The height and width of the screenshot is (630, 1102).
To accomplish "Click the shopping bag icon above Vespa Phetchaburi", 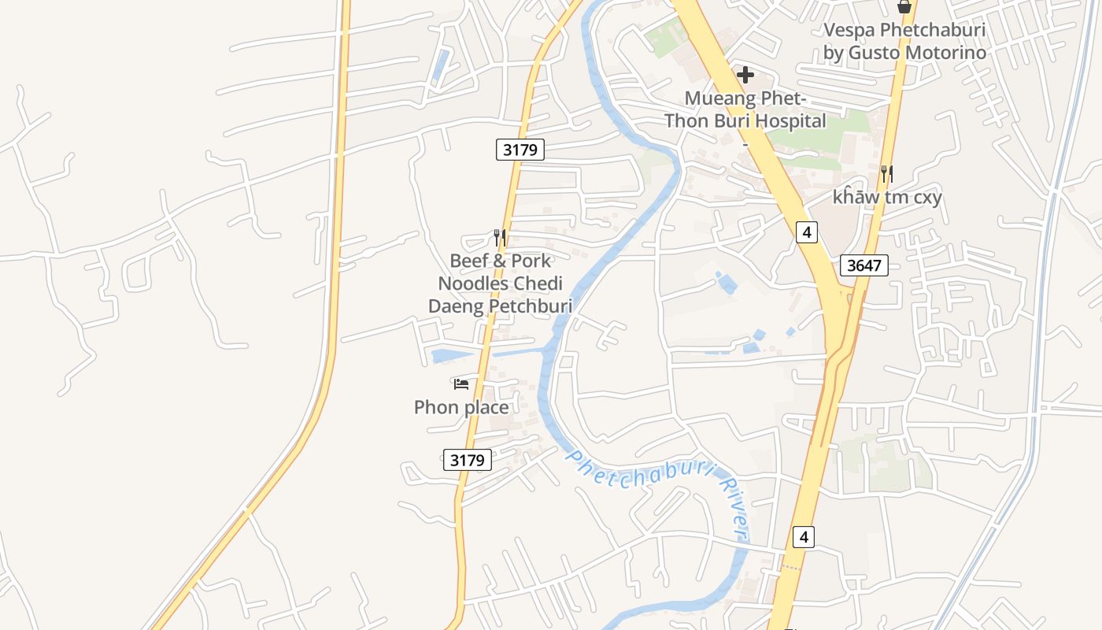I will (x=904, y=7).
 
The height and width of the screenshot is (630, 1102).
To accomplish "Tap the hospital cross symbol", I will (x=745, y=76).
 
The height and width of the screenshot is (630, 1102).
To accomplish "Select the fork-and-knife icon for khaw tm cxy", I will (x=886, y=173).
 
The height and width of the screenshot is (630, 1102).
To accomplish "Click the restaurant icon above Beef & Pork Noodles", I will (x=498, y=236).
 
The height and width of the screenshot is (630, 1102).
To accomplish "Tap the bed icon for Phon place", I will (x=461, y=384).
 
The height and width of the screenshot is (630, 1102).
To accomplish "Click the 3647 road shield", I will (x=863, y=265).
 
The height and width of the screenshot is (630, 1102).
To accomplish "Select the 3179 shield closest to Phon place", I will (x=468, y=460).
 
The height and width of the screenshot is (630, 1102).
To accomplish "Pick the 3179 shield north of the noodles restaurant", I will (x=520, y=150).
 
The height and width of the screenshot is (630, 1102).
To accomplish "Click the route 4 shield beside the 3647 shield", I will (x=806, y=232).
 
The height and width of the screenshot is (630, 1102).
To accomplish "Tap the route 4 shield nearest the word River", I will (x=803, y=537).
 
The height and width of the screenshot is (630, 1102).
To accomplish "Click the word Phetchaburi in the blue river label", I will (x=638, y=472).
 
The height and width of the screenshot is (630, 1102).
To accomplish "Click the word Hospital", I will (x=788, y=121).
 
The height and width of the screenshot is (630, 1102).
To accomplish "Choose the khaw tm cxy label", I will (x=887, y=197).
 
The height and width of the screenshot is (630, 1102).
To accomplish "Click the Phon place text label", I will (x=461, y=407).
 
